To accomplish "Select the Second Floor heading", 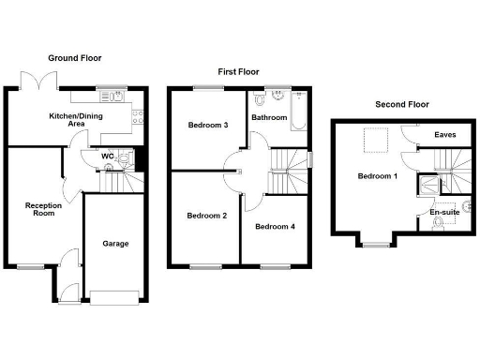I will [403, 103].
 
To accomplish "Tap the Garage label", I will [115, 244].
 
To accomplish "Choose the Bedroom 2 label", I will [206, 216].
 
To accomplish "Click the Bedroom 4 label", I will [276, 227].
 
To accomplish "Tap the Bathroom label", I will [270, 118].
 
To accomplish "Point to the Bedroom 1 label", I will [378, 176].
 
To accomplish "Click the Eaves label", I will [445, 136].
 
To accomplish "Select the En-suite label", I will [444, 213].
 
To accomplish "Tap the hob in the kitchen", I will [138, 117].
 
